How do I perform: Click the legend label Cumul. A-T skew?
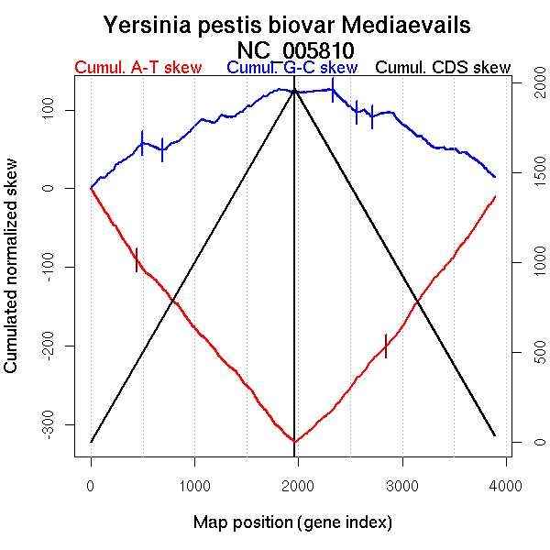point(137,68)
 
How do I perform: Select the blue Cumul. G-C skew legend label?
point(291,68)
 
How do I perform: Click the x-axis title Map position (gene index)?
point(292,522)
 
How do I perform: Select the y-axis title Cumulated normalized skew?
point(12,275)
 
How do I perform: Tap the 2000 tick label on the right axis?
point(534,83)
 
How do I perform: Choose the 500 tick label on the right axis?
point(534,353)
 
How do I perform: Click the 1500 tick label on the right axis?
point(534,173)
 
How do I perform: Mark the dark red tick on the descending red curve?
point(137,259)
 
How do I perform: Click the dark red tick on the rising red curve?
point(386,346)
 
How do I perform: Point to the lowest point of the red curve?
point(293,442)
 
